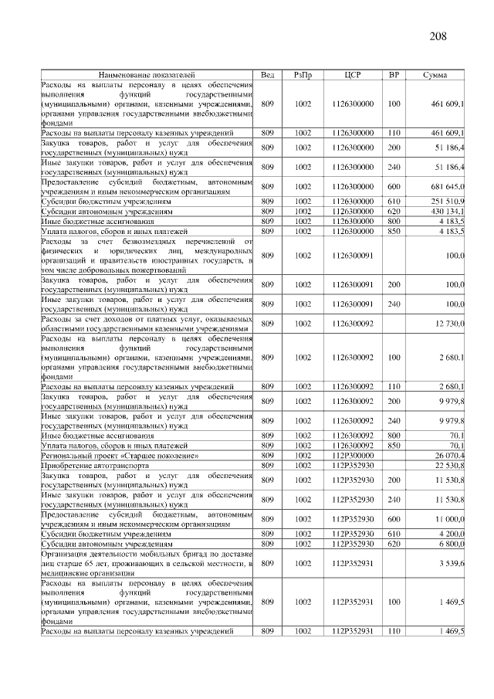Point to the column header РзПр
303,74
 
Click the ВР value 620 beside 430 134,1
394,211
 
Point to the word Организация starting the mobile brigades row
65,554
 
